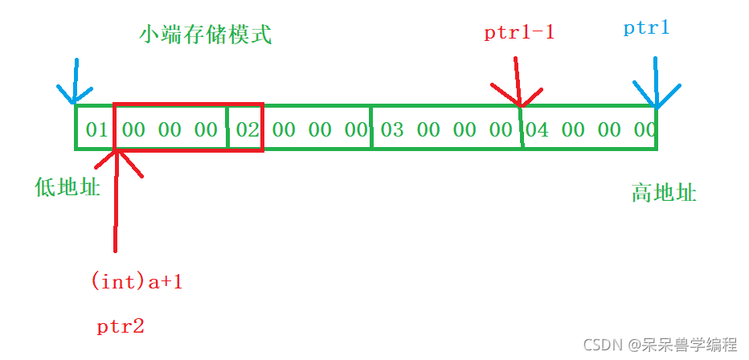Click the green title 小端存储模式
205,35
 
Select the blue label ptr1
646,28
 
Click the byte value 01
96,129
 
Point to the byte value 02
248,129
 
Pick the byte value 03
392,129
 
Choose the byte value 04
537,129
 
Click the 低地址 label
68,188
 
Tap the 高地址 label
664,193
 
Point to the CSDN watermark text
660,345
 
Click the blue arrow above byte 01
75,84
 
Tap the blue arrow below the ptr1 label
657,84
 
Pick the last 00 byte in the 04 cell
645,129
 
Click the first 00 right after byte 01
134,129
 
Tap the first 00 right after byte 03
429,129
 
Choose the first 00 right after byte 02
284,129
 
